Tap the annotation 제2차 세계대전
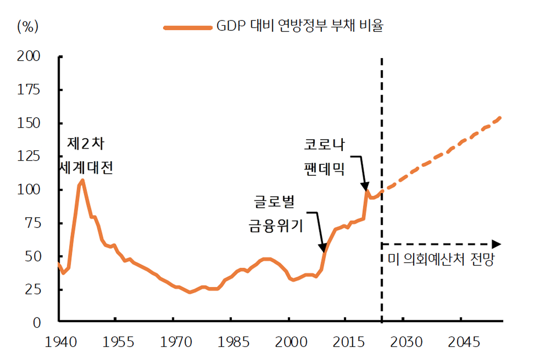(86, 155)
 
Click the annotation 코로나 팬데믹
(325, 156)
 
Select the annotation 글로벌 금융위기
(276, 213)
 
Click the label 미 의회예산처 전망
(441, 260)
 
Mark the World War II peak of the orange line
(82, 181)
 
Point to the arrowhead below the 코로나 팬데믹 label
(365, 187)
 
